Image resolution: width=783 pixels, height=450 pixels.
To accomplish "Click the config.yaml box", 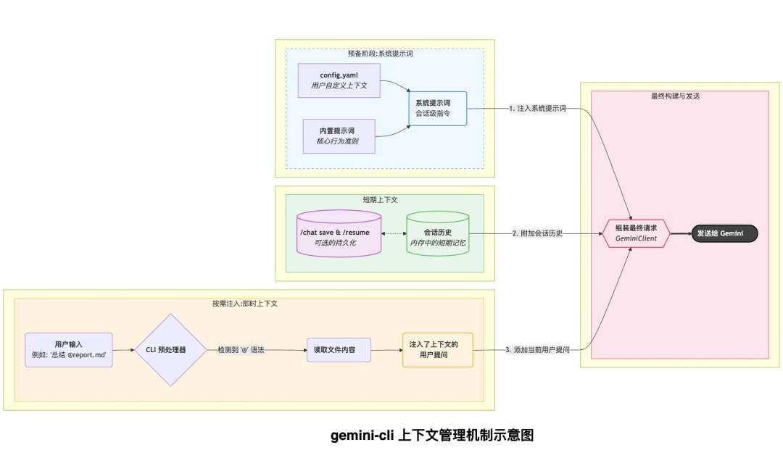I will coord(339,80).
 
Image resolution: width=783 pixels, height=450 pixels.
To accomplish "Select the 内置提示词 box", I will coord(339,136).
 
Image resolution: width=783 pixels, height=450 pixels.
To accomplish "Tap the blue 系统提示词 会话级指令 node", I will coord(436,108).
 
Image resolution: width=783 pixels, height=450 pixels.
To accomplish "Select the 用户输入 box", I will coord(69,350).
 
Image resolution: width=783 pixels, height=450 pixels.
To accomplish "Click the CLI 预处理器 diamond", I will coord(171,350).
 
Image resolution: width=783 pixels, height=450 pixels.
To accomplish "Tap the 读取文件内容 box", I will coord(339,350).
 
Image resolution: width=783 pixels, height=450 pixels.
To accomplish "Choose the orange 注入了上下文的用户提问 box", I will coord(437,350).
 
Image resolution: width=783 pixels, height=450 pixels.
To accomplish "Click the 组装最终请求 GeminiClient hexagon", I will coord(635,233).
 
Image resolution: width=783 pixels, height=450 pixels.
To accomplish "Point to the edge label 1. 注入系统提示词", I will coord(537,108).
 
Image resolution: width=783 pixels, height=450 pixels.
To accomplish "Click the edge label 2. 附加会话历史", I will coord(537,233).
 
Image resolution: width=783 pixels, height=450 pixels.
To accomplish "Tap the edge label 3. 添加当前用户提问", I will coord(537,350).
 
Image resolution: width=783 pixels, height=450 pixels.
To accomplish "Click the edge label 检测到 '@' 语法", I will coord(241,350).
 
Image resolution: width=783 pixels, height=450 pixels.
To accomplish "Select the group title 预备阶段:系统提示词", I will coord(384,54).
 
